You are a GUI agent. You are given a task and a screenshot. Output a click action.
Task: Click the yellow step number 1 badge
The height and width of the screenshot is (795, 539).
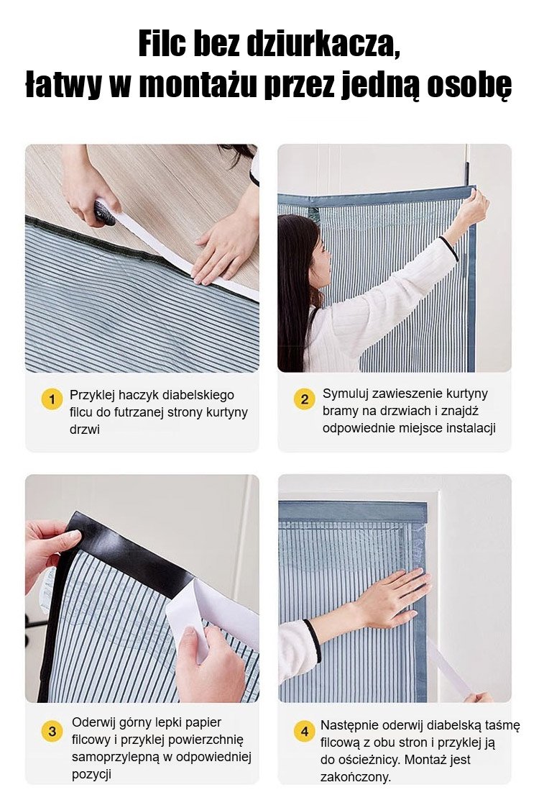tap(52, 399)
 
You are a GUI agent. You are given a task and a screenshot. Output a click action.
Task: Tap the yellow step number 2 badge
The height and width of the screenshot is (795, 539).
tap(304, 399)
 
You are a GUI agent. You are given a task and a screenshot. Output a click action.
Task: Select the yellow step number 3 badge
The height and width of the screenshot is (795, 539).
tap(52, 732)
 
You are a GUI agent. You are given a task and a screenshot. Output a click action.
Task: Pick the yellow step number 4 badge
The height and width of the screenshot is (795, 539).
tap(305, 732)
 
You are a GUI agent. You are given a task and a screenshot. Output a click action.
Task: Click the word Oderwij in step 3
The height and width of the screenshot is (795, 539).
tap(93, 722)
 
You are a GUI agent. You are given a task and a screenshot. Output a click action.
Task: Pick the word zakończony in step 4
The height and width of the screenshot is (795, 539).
tap(356, 777)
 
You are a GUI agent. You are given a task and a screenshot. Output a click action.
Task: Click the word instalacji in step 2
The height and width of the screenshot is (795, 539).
tap(470, 428)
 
